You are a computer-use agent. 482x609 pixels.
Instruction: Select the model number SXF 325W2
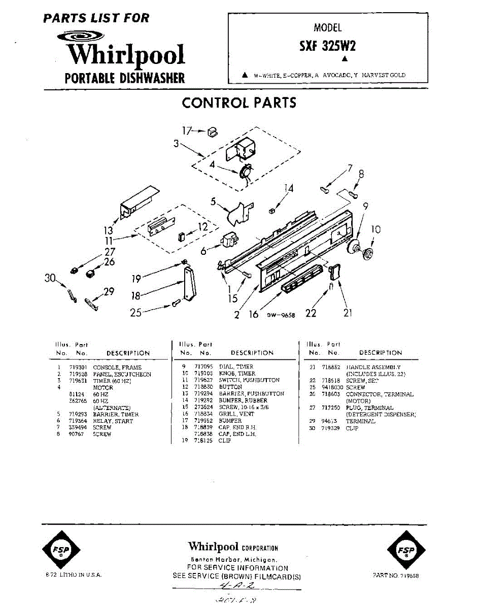[327, 46]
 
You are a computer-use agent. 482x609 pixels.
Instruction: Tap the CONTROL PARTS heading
[239, 103]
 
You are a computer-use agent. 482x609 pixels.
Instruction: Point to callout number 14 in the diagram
[289, 189]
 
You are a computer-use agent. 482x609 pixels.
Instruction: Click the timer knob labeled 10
[368, 254]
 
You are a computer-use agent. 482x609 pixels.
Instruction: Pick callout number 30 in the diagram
[49, 278]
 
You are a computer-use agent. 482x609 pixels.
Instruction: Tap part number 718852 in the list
[331, 367]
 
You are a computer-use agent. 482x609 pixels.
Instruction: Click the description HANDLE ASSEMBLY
[373, 367]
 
